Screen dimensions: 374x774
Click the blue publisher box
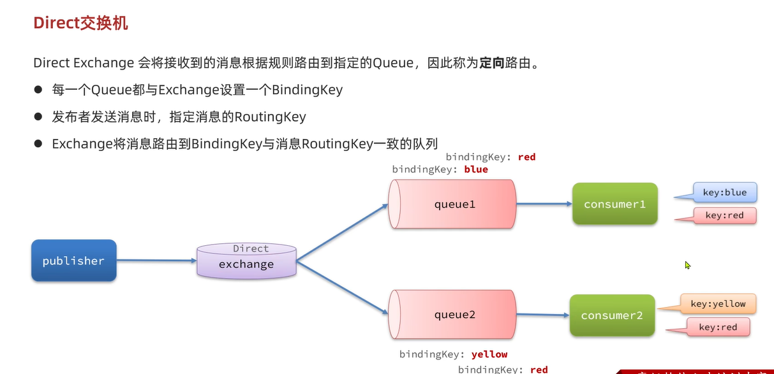click(x=73, y=261)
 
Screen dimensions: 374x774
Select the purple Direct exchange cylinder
click(x=246, y=261)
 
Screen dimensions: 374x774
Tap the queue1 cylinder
click(x=452, y=205)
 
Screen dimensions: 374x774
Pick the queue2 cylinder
click(x=452, y=315)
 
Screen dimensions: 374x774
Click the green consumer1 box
click(x=614, y=204)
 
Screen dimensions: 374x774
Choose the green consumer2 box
click(x=612, y=315)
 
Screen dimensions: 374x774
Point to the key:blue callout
click(x=724, y=192)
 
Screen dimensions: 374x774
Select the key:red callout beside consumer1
click(x=724, y=215)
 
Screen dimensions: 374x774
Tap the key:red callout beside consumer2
click(x=717, y=327)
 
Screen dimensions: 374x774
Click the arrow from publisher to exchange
click(x=156, y=261)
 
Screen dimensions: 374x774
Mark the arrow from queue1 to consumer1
click(x=544, y=205)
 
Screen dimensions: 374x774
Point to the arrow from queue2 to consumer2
click(x=542, y=315)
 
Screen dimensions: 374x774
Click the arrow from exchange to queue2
click(x=343, y=288)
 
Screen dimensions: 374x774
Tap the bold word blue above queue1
click(x=476, y=169)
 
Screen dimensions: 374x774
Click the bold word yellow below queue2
click(x=489, y=354)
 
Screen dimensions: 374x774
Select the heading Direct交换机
click(x=80, y=24)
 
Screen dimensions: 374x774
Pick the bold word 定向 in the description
click(x=491, y=64)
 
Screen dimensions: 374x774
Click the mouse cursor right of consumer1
click(x=688, y=265)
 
